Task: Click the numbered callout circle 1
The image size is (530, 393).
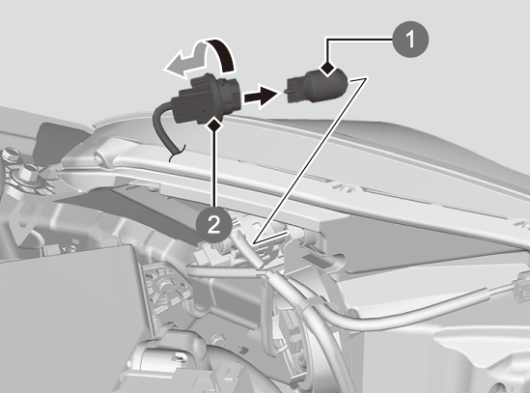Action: [x=410, y=40]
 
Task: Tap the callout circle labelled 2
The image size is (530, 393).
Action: [x=214, y=225]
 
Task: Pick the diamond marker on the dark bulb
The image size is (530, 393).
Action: [x=327, y=69]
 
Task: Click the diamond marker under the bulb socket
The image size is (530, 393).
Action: [x=215, y=126]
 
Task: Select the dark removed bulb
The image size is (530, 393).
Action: [x=317, y=85]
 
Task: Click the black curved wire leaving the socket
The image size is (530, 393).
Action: [x=163, y=129]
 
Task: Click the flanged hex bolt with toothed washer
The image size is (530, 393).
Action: [x=28, y=175]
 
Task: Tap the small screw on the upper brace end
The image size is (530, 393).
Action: [x=98, y=156]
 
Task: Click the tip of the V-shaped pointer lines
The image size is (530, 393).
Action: [x=254, y=242]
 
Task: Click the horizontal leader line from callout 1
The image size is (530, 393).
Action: [x=359, y=40]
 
